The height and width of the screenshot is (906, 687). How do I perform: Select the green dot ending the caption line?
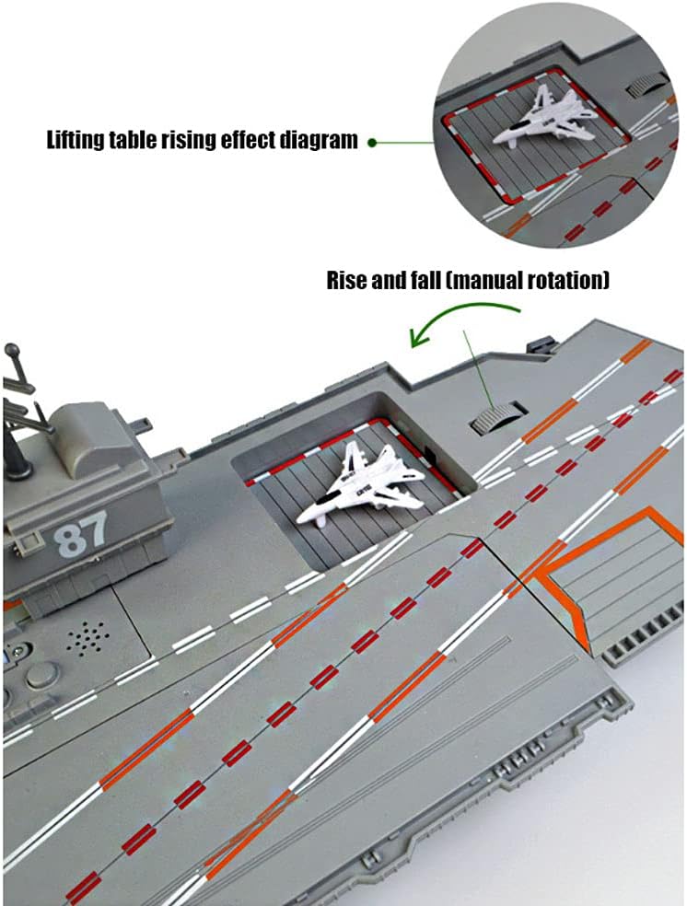click(371, 142)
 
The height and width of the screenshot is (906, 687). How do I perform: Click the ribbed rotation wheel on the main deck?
click(495, 417)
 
